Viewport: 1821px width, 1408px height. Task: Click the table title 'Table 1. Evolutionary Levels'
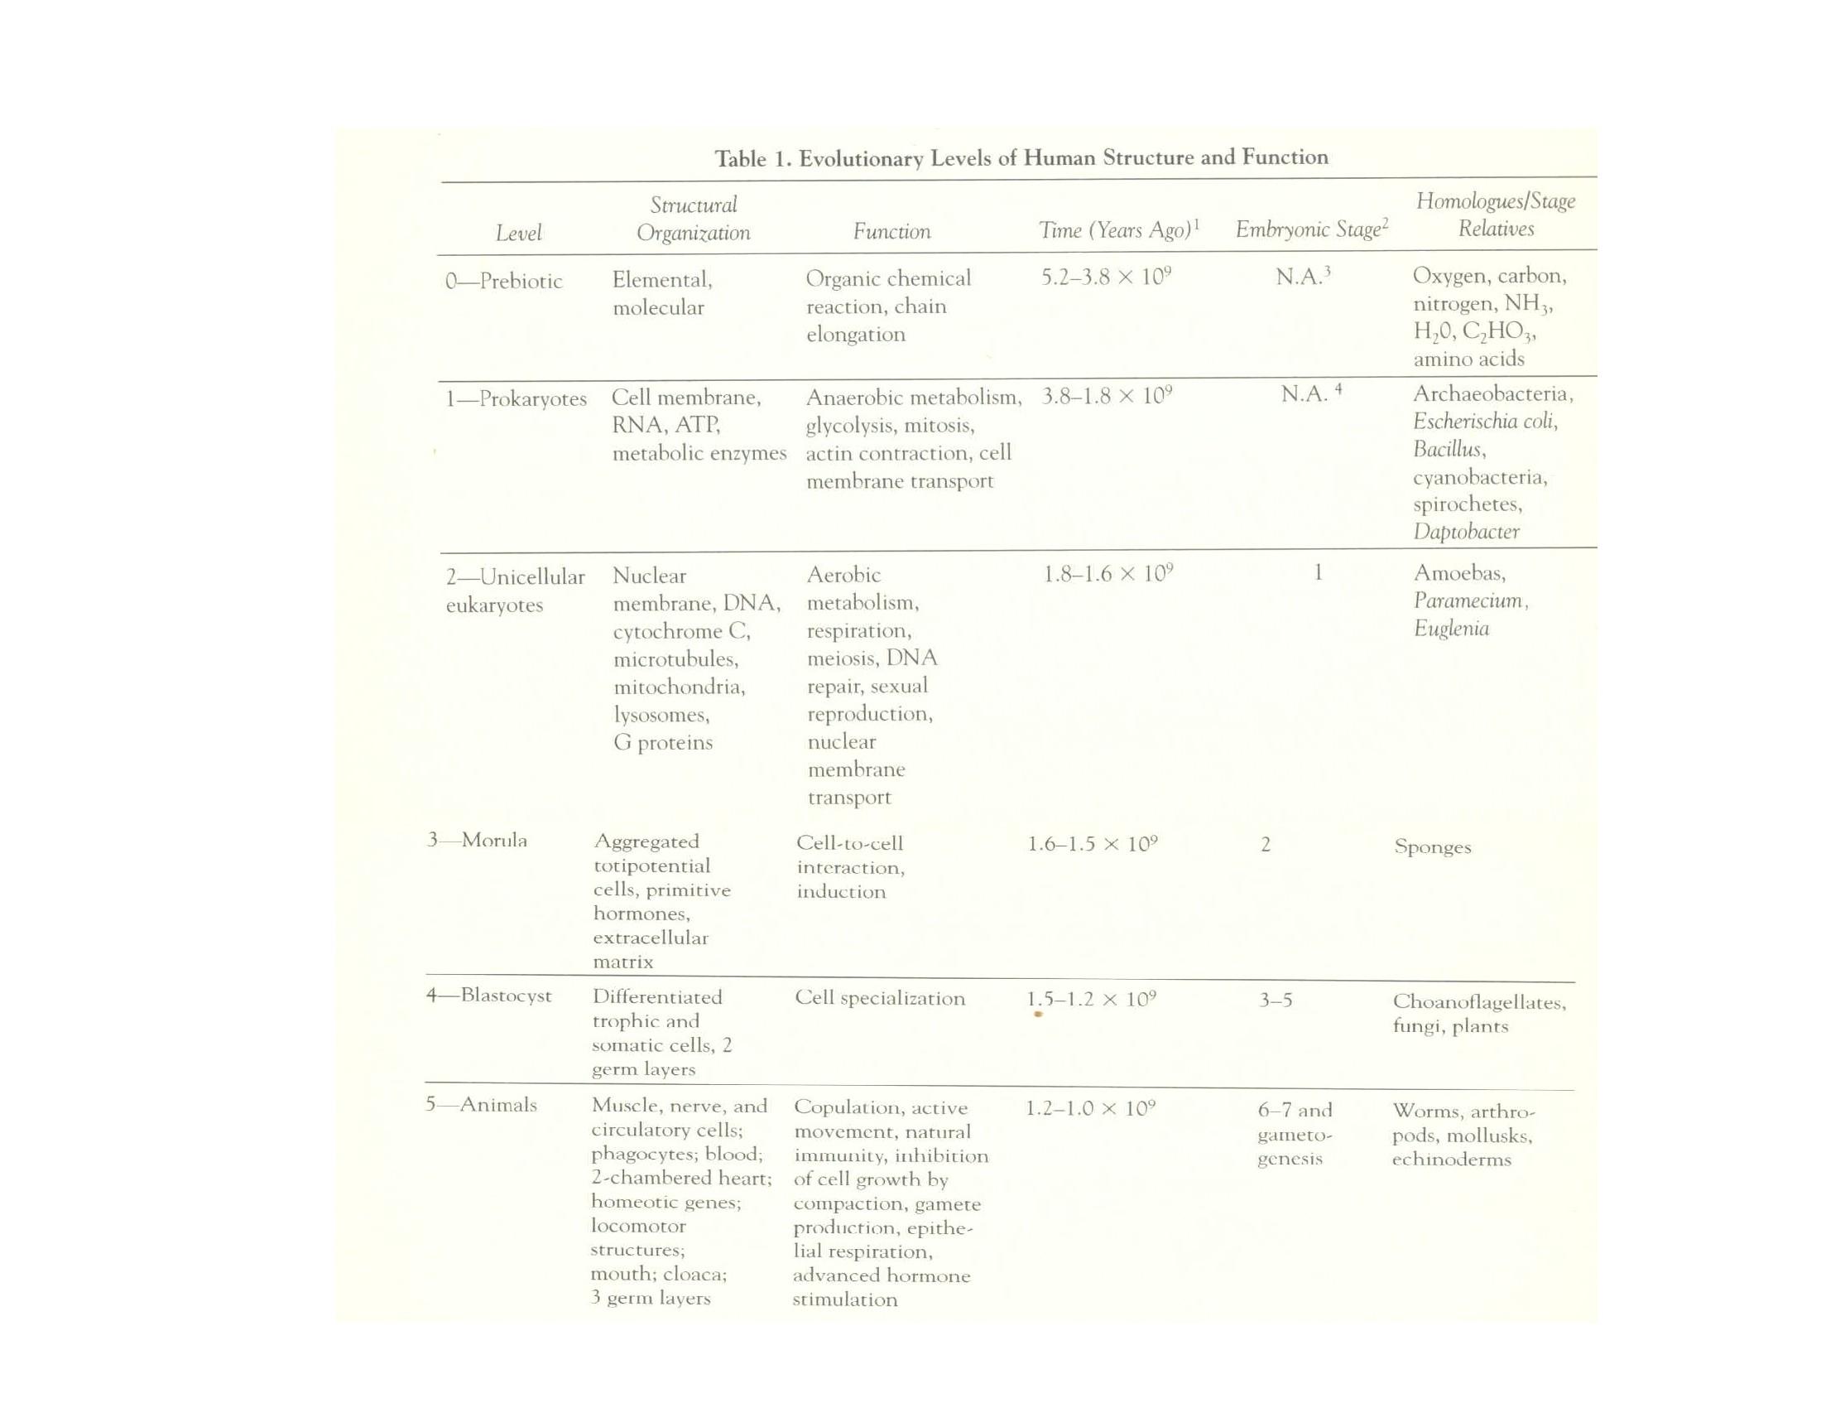pos(1021,157)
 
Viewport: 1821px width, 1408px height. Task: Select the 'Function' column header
pos(891,231)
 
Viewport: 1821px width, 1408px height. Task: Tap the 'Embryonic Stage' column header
pos(1312,229)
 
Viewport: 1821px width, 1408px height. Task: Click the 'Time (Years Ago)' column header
pos(1118,229)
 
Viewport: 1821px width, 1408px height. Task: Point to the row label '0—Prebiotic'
pos(503,280)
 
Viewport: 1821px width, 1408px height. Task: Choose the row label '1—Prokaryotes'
pos(517,398)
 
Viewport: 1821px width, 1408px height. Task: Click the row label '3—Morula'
pos(477,840)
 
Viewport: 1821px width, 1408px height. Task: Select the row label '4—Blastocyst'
pos(488,995)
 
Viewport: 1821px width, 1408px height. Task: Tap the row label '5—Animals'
pos(481,1104)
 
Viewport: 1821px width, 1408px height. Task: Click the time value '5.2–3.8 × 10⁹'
pos(1107,277)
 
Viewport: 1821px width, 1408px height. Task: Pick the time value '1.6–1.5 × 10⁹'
pos(1093,844)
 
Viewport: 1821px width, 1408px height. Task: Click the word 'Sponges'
pos(1433,847)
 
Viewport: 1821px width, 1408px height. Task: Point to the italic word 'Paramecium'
pos(1470,600)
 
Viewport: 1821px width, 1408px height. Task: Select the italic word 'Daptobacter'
pos(1466,532)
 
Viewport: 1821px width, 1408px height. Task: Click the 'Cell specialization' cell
pos(880,999)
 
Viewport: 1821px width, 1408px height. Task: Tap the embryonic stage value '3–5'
pos(1276,1000)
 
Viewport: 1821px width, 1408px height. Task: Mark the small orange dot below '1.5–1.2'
pos(1038,1015)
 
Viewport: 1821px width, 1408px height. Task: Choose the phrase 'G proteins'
pos(663,742)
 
